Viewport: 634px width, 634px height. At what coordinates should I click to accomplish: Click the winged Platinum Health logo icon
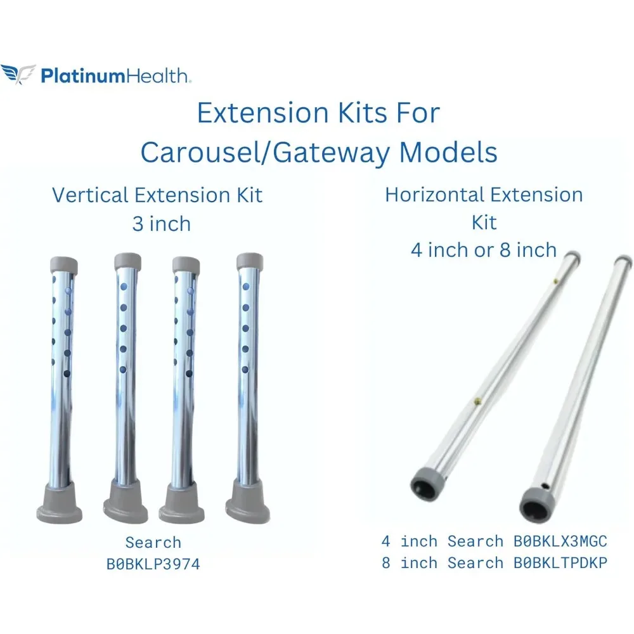click(18, 74)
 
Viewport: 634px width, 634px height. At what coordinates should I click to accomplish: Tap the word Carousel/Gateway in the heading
click(264, 153)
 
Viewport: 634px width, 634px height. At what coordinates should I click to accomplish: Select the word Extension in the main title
click(264, 113)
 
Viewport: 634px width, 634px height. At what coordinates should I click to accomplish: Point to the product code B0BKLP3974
click(153, 564)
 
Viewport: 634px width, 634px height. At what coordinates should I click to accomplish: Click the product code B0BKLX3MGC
click(560, 541)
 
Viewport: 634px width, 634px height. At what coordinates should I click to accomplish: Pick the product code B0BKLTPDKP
click(560, 563)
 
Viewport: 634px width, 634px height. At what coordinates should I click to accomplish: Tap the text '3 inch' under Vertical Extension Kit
click(161, 224)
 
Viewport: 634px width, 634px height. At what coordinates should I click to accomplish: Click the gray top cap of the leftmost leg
click(64, 264)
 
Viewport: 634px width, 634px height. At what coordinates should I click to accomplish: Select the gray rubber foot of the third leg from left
click(182, 504)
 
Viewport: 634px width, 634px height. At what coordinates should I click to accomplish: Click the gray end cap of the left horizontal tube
click(428, 484)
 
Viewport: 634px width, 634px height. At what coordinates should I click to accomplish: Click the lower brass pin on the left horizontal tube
click(477, 401)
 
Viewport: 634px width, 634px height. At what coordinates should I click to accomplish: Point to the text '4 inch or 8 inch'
click(484, 250)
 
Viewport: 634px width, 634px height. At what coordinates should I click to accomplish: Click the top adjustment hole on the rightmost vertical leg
click(246, 287)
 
